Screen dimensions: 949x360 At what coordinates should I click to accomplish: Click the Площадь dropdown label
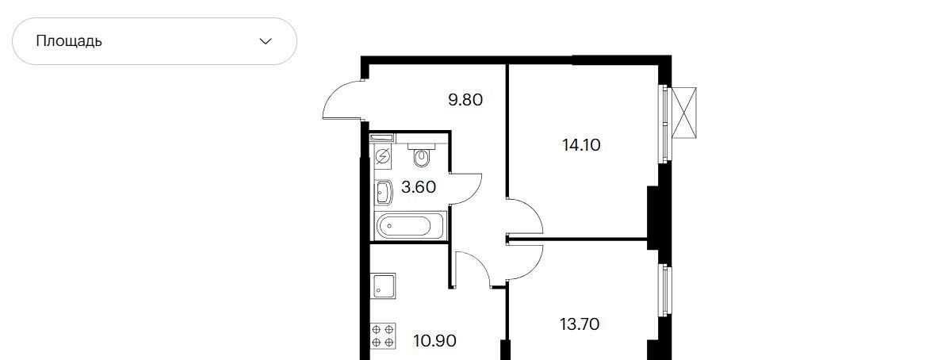point(69,41)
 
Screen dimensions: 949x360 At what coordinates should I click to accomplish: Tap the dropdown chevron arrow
point(265,41)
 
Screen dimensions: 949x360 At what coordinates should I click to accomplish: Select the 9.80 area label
point(465,99)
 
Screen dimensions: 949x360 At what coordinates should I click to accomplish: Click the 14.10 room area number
point(581,145)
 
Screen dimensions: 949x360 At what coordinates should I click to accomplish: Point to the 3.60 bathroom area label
point(419,187)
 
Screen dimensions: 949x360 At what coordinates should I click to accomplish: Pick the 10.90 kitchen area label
point(434,341)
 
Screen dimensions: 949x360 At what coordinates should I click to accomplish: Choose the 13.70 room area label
point(580,324)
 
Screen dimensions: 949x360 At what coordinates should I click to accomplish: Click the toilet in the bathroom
point(422,155)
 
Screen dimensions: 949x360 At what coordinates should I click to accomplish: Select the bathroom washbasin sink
point(384,193)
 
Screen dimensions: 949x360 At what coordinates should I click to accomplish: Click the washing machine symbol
point(382,157)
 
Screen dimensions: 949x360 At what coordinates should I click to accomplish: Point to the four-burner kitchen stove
point(383,335)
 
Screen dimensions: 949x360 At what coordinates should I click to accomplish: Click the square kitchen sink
point(383,286)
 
